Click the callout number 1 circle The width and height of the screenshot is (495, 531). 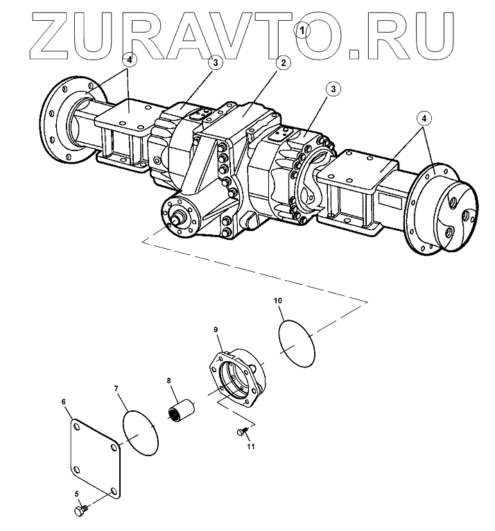click(x=303, y=29)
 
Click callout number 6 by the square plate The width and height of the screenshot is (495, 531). click(x=64, y=401)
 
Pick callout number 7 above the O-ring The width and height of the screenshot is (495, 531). click(x=116, y=389)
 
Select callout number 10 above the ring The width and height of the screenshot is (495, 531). click(x=277, y=301)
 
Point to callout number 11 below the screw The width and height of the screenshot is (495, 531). click(x=251, y=446)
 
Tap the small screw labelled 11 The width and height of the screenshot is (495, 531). click(x=241, y=432)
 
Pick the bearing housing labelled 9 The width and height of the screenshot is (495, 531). click(x=238, y=377)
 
